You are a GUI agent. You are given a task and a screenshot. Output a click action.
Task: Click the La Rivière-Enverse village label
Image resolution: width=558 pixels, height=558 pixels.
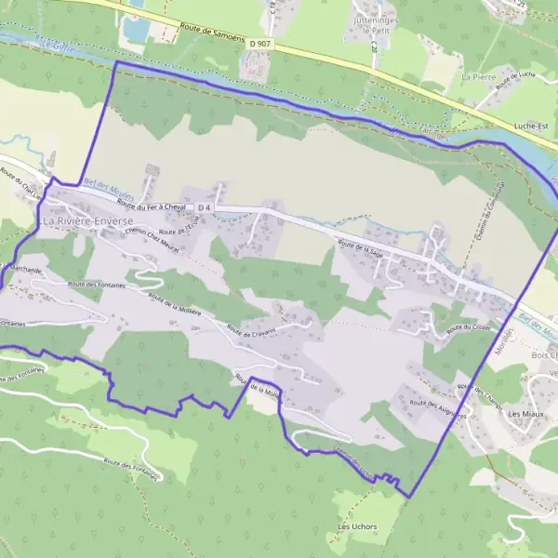[x=88, y=221]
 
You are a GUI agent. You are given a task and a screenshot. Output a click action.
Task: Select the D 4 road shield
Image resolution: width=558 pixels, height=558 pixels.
[x=206, y=206]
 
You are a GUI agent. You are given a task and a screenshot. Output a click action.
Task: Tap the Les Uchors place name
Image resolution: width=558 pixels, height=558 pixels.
[x=355, y=527]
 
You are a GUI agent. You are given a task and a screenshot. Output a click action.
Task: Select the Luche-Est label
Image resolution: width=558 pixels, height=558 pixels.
[x=531, y=123]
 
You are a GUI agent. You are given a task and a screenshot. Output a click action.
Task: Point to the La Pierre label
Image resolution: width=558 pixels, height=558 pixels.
[x=480, y=77]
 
